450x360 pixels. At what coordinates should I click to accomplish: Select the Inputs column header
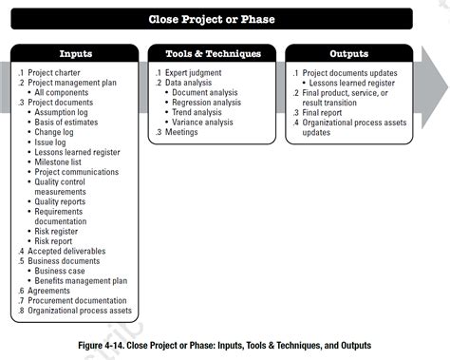tap(76, 54)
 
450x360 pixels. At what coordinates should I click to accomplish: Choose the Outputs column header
tap(348, 54)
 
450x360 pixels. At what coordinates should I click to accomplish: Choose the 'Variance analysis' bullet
tap(204, 122)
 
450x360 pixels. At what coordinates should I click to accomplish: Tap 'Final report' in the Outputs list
tap(328, 112)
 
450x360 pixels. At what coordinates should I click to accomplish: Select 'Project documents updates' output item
tap(350, 72)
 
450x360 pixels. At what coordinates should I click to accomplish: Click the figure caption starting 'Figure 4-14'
tap(225, 345)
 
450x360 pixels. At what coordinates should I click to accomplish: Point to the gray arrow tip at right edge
tap(442, 91)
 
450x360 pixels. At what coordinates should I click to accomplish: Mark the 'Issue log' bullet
tap(55, 142)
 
